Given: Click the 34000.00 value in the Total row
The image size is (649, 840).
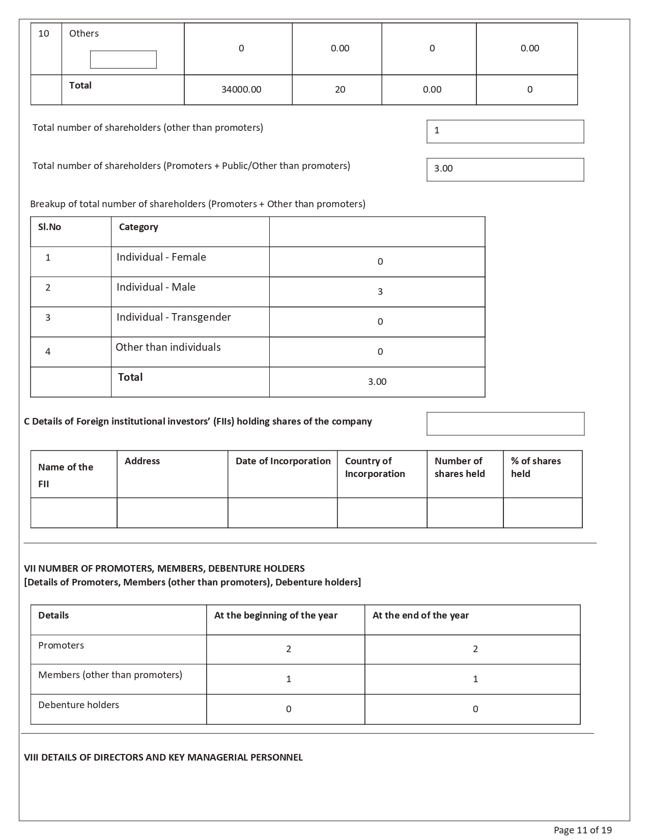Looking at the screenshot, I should click(241, 90).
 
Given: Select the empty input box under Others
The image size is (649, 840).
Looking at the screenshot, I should click(123, 60).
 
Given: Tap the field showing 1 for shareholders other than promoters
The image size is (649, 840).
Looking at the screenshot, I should click(505, 131).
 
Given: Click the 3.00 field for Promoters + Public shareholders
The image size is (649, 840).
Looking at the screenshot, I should click(505, 170).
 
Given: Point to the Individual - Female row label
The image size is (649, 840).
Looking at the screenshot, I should click(161, 257).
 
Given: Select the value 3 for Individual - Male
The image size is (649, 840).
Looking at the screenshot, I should click(380, 292).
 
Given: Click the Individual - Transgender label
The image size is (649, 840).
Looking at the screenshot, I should click(174, 317).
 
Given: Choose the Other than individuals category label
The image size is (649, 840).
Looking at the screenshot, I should click(168, 347).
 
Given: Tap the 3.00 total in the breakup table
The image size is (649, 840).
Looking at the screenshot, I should click(377, 382).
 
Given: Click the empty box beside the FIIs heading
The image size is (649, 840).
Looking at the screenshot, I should click(505, 424).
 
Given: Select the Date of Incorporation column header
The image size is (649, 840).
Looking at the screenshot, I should click(283, 461).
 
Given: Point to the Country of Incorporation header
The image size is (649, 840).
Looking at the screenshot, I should click(375, 467).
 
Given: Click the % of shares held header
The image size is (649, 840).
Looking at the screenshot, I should click(536, 467).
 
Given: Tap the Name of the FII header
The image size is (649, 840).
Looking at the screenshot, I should click(66, 475).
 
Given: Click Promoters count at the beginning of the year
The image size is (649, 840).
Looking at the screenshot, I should click(289, 649).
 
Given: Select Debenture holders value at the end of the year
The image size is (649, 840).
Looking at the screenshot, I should click(475, 709).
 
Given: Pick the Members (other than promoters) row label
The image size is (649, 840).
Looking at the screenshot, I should click(110, 675).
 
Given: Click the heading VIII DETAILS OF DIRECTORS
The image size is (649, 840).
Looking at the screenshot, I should click(163, 758).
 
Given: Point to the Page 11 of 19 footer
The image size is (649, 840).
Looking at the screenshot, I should click(582, 830).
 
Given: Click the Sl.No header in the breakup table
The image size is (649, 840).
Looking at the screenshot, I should click(49, 227).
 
